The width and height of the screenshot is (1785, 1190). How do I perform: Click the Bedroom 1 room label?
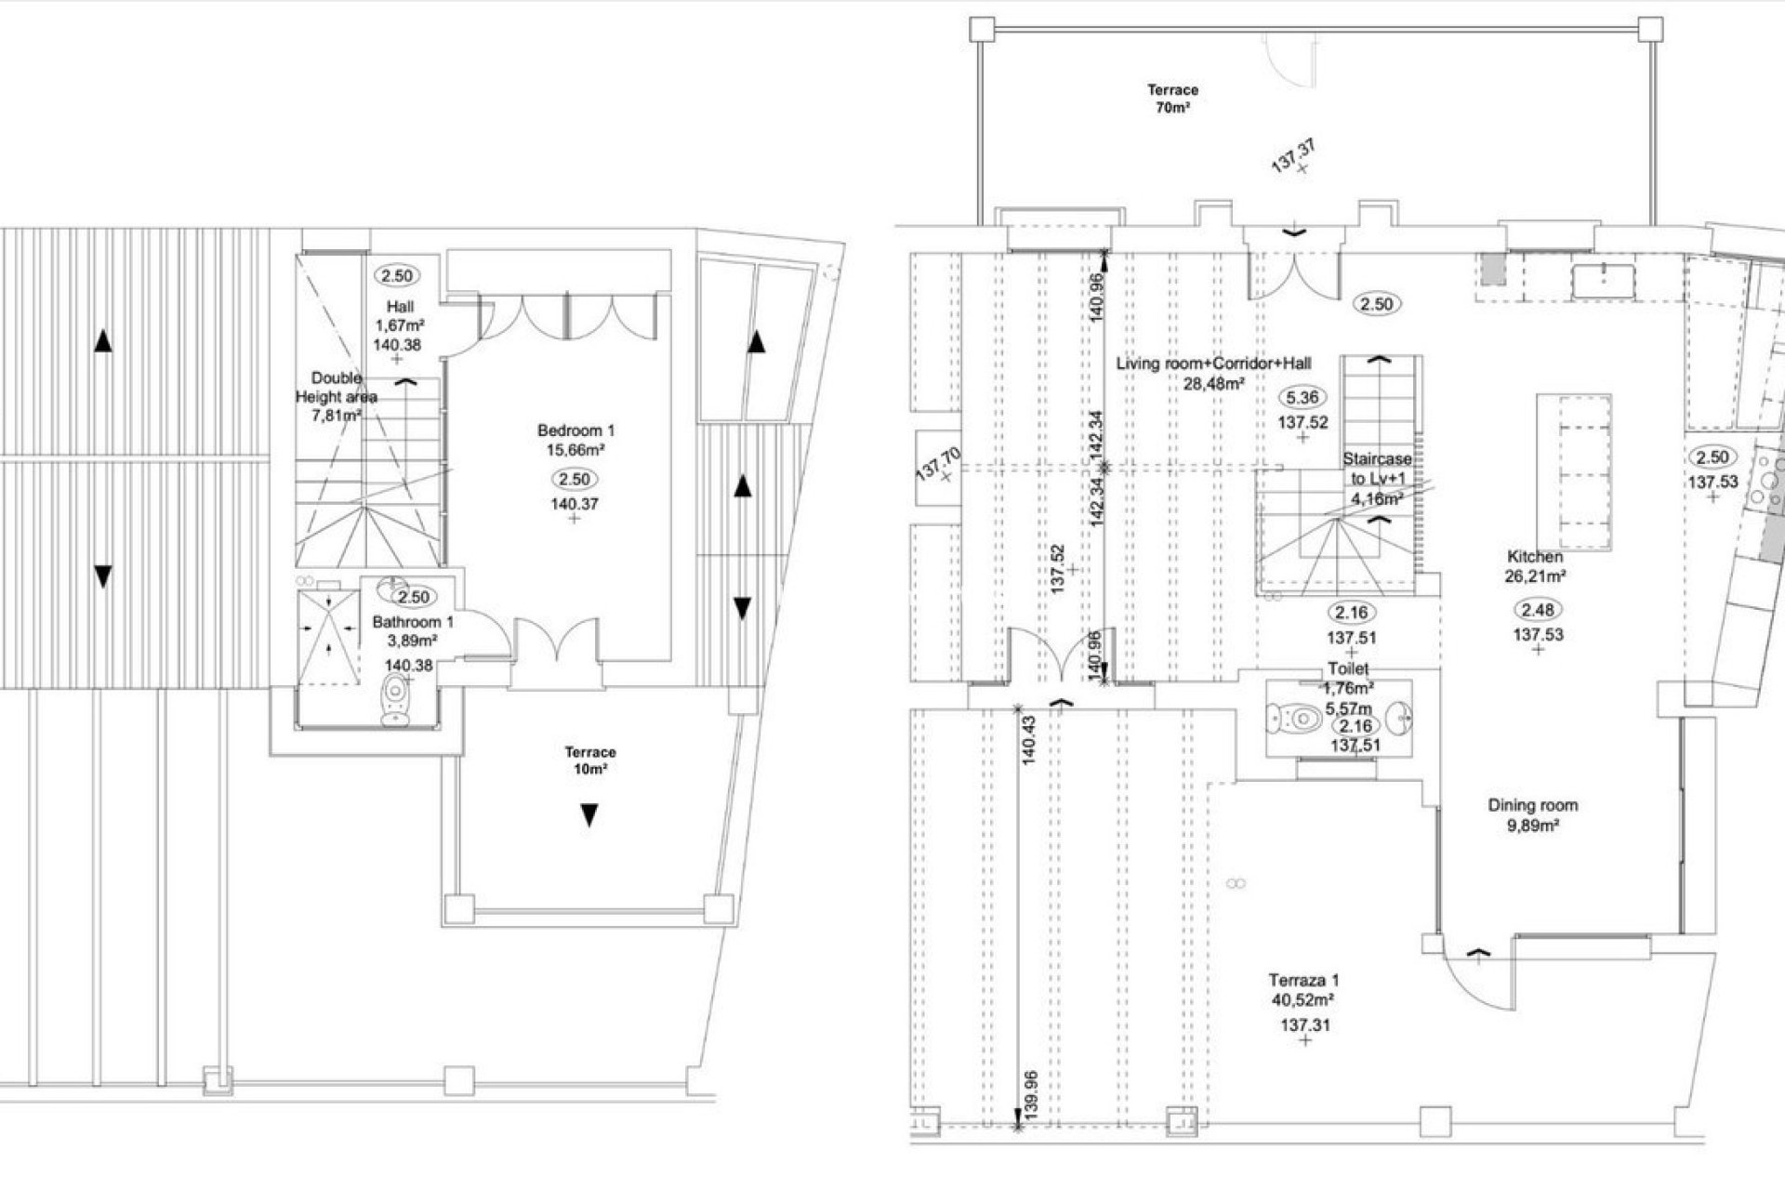575,440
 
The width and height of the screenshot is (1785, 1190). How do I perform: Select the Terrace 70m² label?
1172,99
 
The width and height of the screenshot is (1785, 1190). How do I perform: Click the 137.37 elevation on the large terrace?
1293,155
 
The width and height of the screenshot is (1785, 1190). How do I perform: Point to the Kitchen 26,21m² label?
1536,565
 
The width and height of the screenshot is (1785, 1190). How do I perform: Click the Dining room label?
1532,814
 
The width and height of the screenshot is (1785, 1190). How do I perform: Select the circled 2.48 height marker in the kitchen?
1538,610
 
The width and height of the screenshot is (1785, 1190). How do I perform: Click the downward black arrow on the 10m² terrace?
588,816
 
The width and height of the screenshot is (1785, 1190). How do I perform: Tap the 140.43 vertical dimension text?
1028,740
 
